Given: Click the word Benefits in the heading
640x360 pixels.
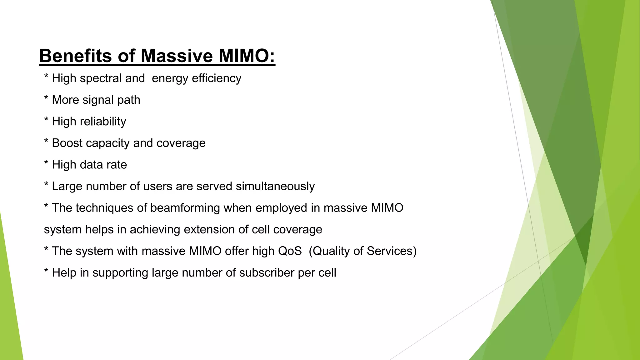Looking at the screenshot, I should (75, 56).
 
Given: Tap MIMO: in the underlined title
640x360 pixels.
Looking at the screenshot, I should (247, 56).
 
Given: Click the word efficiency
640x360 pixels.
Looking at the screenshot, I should (217, 78).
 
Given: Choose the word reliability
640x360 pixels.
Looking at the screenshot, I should (102, 122).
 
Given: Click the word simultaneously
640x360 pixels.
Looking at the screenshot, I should (275, 187).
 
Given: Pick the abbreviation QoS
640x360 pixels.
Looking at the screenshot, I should (290, 251).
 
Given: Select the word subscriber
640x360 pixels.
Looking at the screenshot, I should (267, 273).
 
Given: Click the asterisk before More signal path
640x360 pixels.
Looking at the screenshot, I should (46, 98).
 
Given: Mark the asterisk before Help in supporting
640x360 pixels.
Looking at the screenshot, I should (46, 271).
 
